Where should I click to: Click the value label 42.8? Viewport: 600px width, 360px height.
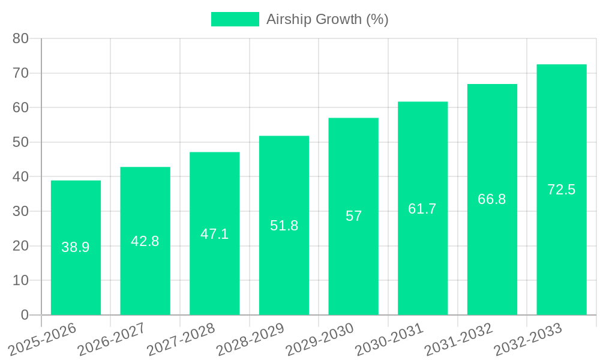(145, 241)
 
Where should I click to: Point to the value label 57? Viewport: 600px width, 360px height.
(353, 216)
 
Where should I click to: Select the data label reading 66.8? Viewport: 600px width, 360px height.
(491, 199)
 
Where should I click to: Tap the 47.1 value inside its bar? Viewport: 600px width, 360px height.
(214, 234)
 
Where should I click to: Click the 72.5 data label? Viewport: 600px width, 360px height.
(561, 190)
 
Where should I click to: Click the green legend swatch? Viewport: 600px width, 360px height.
(235, 19)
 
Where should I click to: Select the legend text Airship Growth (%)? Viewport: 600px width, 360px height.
(327, 19)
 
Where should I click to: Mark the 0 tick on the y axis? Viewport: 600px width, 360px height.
(25, 315)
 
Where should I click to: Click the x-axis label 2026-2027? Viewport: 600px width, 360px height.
(112, 340)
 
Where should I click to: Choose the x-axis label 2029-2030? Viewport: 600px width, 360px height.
(320, 340)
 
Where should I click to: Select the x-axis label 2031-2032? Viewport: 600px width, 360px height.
(459, 340)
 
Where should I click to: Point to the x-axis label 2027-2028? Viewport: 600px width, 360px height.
(181, 340)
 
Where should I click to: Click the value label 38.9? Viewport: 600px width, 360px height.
(76, 247)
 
